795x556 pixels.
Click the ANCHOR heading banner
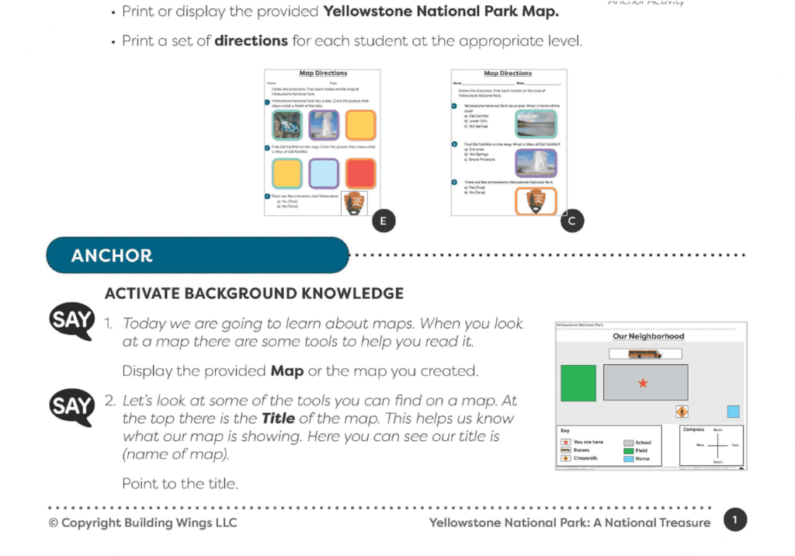coord(197,255)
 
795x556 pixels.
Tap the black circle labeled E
coord(381,221)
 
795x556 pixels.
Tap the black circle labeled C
coord(571,221)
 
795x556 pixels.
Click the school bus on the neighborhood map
coord(643,354)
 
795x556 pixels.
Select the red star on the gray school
coord(643,384)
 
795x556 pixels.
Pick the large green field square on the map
coord(578,383)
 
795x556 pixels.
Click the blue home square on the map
coord(733,412)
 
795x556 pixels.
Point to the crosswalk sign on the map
coord(682,412)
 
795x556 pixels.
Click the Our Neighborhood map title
coord(648,336)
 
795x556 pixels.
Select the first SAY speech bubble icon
coord(72,320)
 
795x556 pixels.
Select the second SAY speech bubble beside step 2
coord(72,406)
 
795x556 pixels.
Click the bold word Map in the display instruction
coord(286,371)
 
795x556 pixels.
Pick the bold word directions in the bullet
coord(251,40)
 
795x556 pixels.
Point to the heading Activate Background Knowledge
coord(254,294)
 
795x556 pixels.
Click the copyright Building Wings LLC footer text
coord(143,523)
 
